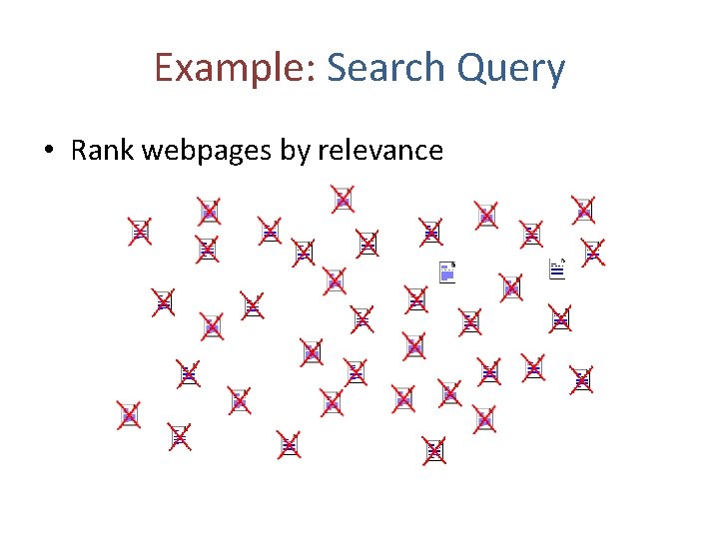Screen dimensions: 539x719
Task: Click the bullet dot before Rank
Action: [x=49, y=152]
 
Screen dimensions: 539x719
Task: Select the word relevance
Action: [x=379, y=151]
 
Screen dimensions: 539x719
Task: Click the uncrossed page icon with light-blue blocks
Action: [x=447, y=270]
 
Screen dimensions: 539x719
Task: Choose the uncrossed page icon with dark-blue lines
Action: [x=558, y=268]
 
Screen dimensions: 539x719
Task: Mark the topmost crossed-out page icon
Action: [x=343, y=199]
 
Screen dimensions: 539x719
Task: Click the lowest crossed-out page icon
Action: [x=433, y=450]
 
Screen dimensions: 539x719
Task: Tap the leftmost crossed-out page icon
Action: [x=128, y=415]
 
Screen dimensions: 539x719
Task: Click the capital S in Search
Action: [x=338, y=68]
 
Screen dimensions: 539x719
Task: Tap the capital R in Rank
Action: [x=80, y=151]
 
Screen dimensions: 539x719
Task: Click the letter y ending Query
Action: [x=556, y=72]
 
